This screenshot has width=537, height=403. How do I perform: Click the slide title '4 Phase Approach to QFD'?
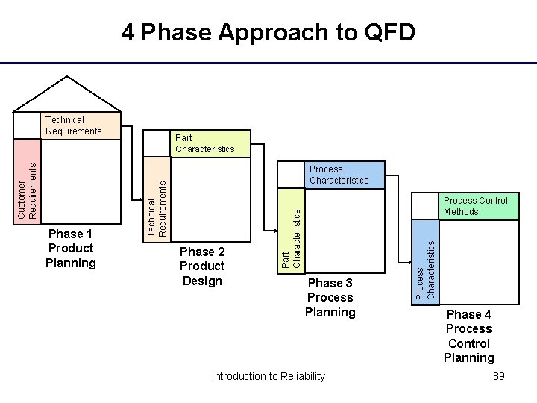[x=268, y=33]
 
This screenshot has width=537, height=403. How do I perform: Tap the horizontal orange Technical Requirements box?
[x=81, y=125]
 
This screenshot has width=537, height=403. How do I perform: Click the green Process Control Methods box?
[x=476, y=206]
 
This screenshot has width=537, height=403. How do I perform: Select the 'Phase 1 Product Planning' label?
[x=71, y=249]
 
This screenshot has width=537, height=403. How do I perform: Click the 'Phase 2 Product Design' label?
[x=201, y=266]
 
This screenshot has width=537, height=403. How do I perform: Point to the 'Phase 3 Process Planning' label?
[x=330, y=297]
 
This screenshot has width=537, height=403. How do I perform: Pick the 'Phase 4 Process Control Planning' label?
[x=468, y=336]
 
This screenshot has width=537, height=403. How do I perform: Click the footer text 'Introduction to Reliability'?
[x=268, y=376]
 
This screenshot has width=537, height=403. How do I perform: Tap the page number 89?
[x=499, y=376]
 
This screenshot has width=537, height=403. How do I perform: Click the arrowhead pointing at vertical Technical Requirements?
[x=140, y=200]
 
